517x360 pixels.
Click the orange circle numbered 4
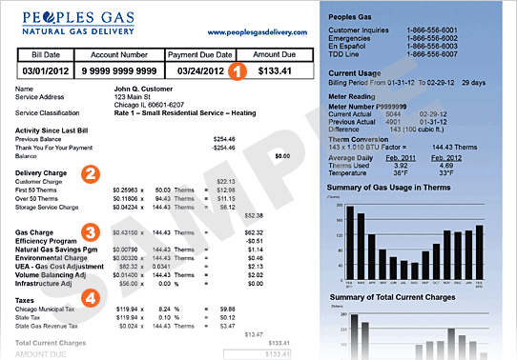click(90, 297)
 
